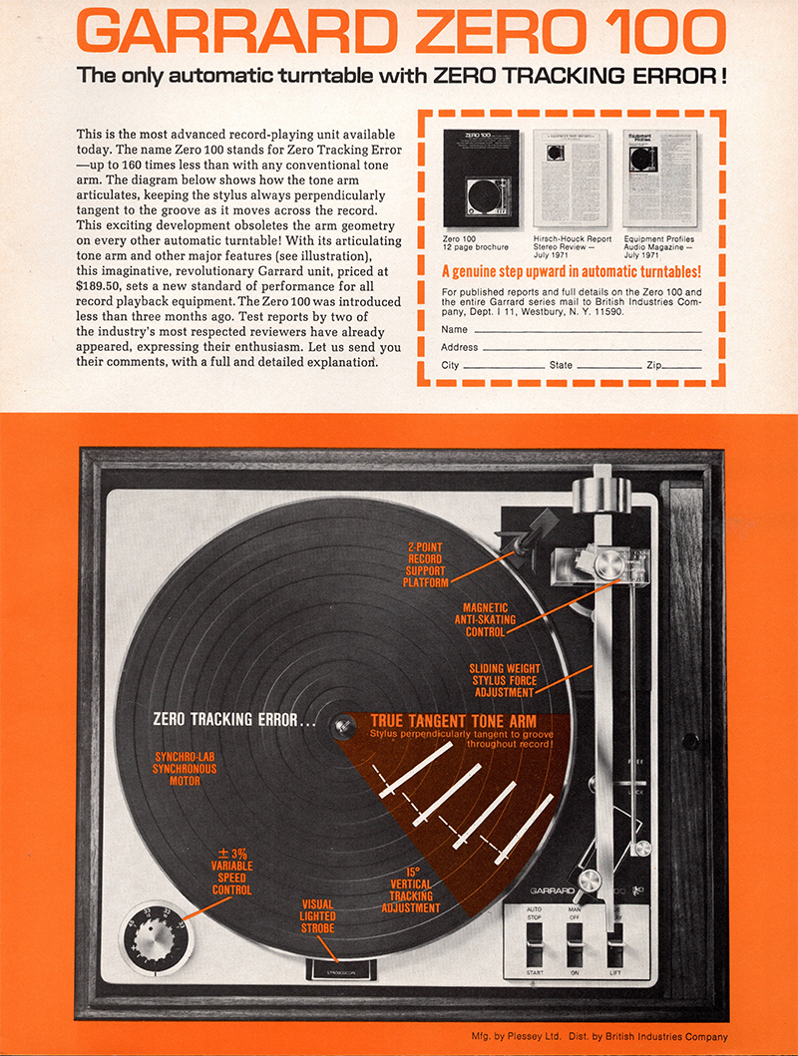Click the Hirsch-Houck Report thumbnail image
[570, 177]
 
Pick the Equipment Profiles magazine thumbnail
[658, 177]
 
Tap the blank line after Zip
[682, 366]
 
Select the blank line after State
[608, 366]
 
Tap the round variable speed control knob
[153, 936]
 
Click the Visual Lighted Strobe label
[318, 916]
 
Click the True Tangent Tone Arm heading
[454, 721]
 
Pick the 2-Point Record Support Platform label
[426, 563]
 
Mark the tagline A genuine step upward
[571, 271]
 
